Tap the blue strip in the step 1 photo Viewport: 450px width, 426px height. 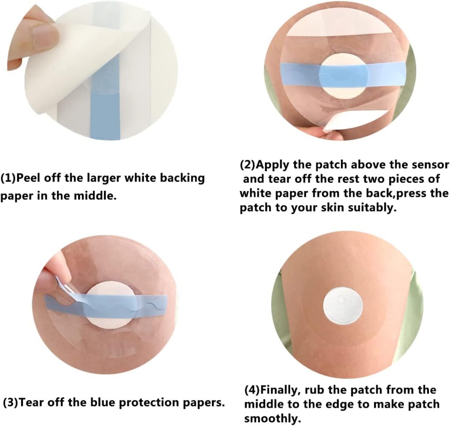click(x=105, y=101)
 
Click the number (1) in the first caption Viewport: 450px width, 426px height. click(x=8, y=178)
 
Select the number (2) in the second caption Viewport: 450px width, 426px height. click(x=248, y=165)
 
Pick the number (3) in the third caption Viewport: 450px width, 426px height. click(x=11, y=403)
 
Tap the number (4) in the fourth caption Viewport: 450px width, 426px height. click(x=252, y=390)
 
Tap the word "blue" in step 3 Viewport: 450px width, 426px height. click(x=104, y=402)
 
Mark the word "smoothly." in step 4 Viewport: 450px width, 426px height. click(x=272, y=419)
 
